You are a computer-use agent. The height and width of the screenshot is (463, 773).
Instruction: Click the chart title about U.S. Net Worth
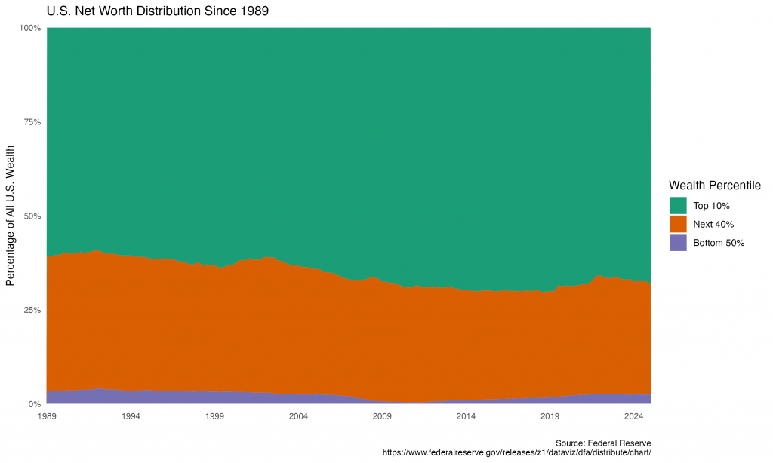(158, 11)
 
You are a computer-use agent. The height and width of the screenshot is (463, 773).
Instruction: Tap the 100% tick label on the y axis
(31, 28)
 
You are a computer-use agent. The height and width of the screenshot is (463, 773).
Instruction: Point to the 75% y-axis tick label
(32, 122)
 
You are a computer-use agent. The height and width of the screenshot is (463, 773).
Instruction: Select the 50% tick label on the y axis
(32, 216)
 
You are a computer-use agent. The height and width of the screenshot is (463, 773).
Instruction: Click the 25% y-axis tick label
(32, 310)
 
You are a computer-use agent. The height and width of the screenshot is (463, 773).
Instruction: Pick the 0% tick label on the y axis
(35, 404)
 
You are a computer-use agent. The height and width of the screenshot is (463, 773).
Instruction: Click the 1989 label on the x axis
(47, 416)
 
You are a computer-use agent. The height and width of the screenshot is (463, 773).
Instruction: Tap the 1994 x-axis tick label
(131, 416)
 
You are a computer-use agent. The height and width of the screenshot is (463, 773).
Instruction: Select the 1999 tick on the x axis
(214, 416)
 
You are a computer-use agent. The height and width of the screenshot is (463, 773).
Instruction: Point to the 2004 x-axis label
(298, 416)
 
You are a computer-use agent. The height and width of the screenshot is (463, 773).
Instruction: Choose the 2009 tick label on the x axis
(382, 416)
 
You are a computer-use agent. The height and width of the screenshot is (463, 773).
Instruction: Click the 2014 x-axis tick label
(466, 416)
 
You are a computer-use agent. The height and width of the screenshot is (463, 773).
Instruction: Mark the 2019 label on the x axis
(550, 416)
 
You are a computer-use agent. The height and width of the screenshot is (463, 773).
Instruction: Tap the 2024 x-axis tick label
(634, 416)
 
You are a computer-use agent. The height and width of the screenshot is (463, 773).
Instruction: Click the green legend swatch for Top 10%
(678, 205)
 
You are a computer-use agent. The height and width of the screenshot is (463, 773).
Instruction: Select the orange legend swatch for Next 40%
(678, 224)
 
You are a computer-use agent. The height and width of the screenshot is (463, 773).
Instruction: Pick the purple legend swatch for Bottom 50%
(678, 243)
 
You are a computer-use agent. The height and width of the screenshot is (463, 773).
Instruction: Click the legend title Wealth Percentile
(714, 186)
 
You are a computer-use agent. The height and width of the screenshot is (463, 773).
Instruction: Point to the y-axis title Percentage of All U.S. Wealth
(11, 216)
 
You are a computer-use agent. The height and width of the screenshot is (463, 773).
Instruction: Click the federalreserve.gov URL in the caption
(517, 452)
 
